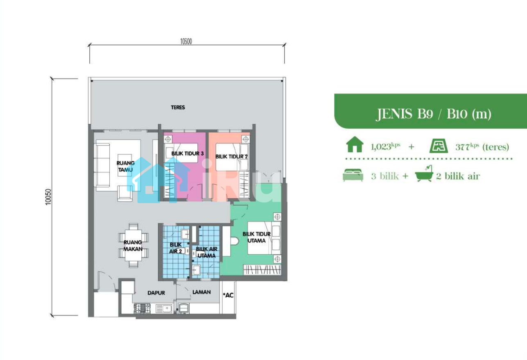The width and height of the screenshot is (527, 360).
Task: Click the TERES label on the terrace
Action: point(178,108)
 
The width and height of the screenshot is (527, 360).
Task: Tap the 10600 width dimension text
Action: point(186,41)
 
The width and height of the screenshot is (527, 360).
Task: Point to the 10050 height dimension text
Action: point(48,197)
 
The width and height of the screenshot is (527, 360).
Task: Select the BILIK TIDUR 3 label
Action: point(188,154)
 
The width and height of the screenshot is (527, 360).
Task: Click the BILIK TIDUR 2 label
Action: point(231,156)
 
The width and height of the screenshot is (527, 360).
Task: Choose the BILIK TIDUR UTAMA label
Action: point(256,237)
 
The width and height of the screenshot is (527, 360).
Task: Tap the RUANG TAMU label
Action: point(126,166)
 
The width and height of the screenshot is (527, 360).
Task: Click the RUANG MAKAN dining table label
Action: point(133,245)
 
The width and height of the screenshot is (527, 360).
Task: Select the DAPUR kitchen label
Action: point(156,293)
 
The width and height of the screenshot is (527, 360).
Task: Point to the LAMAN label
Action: point(201,292)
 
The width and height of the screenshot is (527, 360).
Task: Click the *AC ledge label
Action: point(228,295)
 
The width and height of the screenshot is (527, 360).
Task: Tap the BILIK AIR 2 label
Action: point(176,248)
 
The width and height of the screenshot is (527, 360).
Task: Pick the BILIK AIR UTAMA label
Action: point(206,252)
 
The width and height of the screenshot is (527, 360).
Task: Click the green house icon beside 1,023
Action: point(355,144)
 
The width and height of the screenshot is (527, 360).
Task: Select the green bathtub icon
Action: point(424,174)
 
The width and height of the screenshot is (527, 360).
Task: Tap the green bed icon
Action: point(353,175)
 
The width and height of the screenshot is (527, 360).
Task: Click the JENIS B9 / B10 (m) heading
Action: point(433,114)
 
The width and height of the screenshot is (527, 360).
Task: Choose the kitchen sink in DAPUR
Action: point(164,308)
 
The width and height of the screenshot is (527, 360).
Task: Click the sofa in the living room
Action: point(102,165)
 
